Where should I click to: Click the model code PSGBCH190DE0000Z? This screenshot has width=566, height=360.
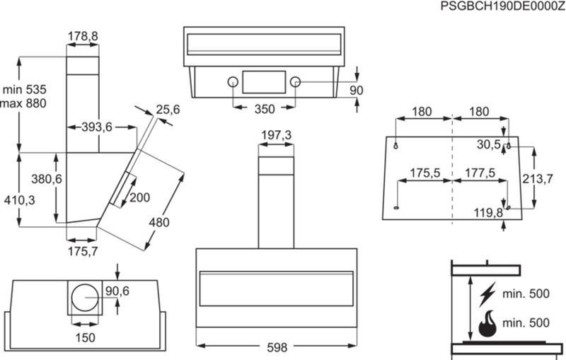(x=503, y=6)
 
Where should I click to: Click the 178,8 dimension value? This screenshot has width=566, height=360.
(x=83, y=36)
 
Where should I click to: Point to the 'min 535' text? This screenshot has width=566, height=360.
(x=25, y=89)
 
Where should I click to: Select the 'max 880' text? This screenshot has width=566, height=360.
(x=23, y=103)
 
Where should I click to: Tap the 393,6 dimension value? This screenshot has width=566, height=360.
(x=97, y=127)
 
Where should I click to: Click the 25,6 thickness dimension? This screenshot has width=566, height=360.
(x=168, y=110)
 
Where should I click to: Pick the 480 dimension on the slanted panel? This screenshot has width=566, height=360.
(x=159, y=222)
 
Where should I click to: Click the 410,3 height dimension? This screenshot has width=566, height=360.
(x=20, y=200)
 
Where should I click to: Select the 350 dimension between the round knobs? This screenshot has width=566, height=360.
(x=265, y=109)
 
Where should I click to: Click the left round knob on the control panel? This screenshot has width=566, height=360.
(x=233, y=82)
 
